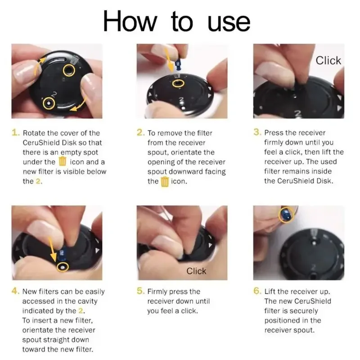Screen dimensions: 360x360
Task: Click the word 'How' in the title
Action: pyautogui.click(x=130, y=21)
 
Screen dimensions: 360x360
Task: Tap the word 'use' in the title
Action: pyautogui.click(x=229, y=22)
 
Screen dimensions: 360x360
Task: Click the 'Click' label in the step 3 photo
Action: pyautogui.click(x=328, y=61)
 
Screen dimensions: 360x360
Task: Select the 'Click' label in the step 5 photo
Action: pyautogui.click(x=196, y=271)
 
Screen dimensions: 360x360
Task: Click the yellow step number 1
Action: pyautogui.click(x=16, y=132)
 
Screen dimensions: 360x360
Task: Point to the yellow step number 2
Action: pyautogui.click(x=140, y=132)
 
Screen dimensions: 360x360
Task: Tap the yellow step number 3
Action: pyautogui.click(x=257, y=132)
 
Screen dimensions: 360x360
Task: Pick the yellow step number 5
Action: pyautogui.click(x=140, y=291)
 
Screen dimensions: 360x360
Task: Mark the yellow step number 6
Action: pyautogui.click(x=257, y=291)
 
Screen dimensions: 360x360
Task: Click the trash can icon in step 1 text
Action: pyautogui.click(x=63, y=161)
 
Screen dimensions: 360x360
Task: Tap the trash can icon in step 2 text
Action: pyautogui.click(x=165, y=181)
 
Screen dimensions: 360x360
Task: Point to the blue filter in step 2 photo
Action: pyautogui.click(x=178, y=65)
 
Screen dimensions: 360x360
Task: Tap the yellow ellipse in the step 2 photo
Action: pyautogui.click(x=178, y=80)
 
